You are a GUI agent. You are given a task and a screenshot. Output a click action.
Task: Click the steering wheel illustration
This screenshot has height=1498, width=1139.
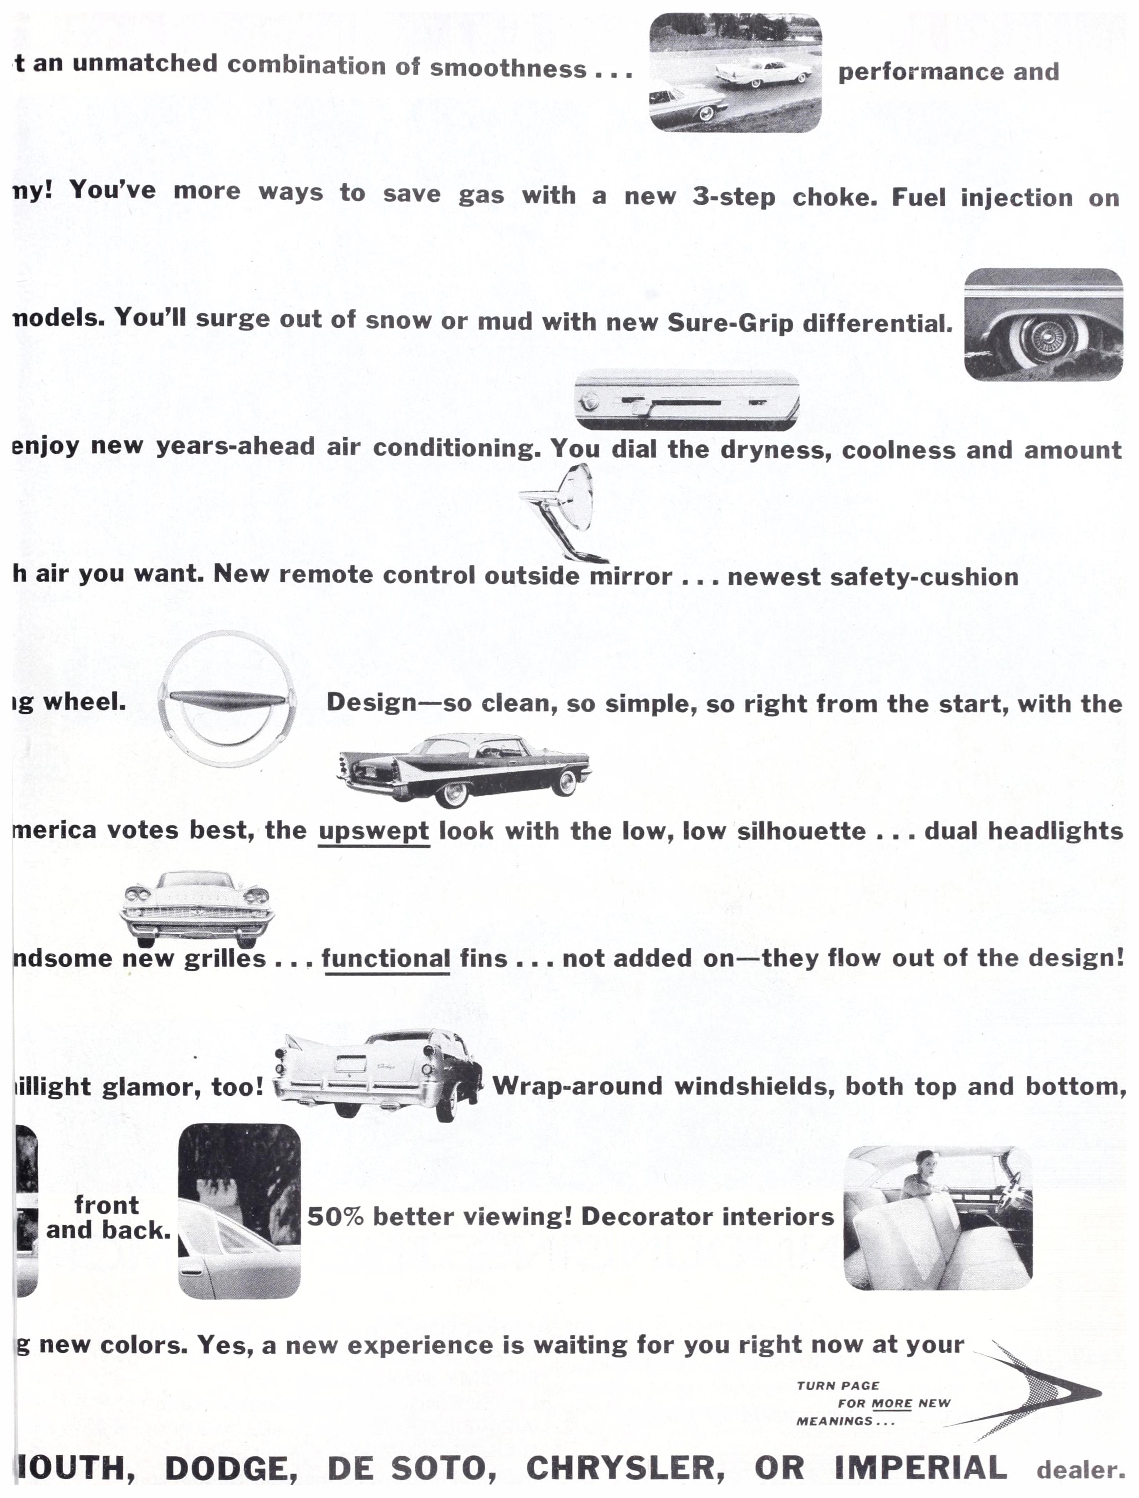pyautogui.click(x=227, y=699)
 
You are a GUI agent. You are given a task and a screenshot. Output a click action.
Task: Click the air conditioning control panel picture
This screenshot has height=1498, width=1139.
pyautogui.click(x=687, y=400)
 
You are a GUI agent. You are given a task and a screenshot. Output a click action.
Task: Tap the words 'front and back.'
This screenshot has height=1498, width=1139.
pyautogui.click(x=108, y=1218)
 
